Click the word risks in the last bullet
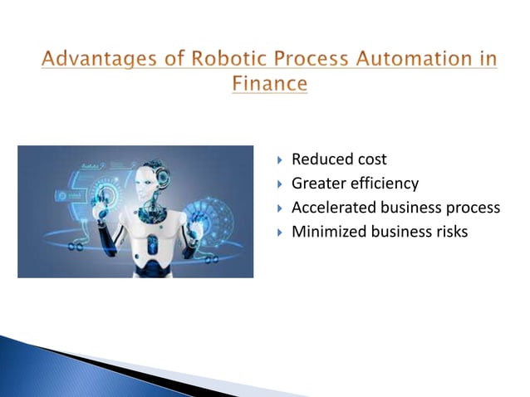coord(451,231)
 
